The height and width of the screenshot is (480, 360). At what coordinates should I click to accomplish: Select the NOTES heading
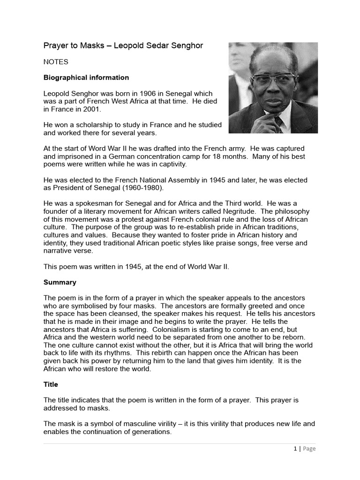56,62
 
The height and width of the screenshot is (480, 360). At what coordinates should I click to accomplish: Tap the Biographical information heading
86,77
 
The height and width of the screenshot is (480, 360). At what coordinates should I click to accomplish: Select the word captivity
172,165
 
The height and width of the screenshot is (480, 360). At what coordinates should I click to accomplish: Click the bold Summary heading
60,283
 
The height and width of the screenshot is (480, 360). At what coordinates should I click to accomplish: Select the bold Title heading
51,384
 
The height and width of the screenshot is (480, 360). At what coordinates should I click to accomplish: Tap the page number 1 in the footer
295,449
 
